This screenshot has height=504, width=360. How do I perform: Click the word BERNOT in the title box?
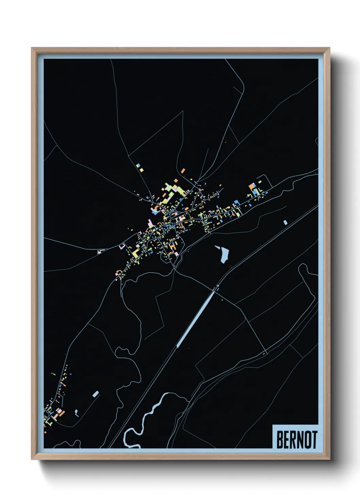point(297,440)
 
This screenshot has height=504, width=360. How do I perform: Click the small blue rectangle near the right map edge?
point(285,222)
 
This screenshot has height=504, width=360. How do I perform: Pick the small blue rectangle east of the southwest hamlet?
point(96,394)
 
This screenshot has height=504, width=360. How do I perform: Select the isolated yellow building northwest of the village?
point(141,169)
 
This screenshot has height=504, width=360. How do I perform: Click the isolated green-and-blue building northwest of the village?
point(138,166)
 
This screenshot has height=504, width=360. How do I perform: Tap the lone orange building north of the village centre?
point(183,170)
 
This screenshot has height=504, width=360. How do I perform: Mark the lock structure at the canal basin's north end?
point(216,287)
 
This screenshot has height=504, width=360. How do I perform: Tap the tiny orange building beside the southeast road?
point(263,354)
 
